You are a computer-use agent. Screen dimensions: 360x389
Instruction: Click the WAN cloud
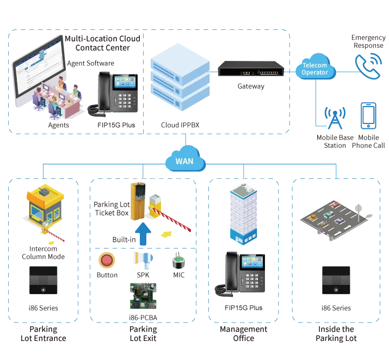(x=185, y=161)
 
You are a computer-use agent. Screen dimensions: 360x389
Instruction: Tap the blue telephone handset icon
(x=367, y=66)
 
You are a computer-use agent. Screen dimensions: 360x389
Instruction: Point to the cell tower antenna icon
(x=332, y=117)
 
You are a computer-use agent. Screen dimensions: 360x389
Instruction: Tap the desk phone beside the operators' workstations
(x=116, y=92)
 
